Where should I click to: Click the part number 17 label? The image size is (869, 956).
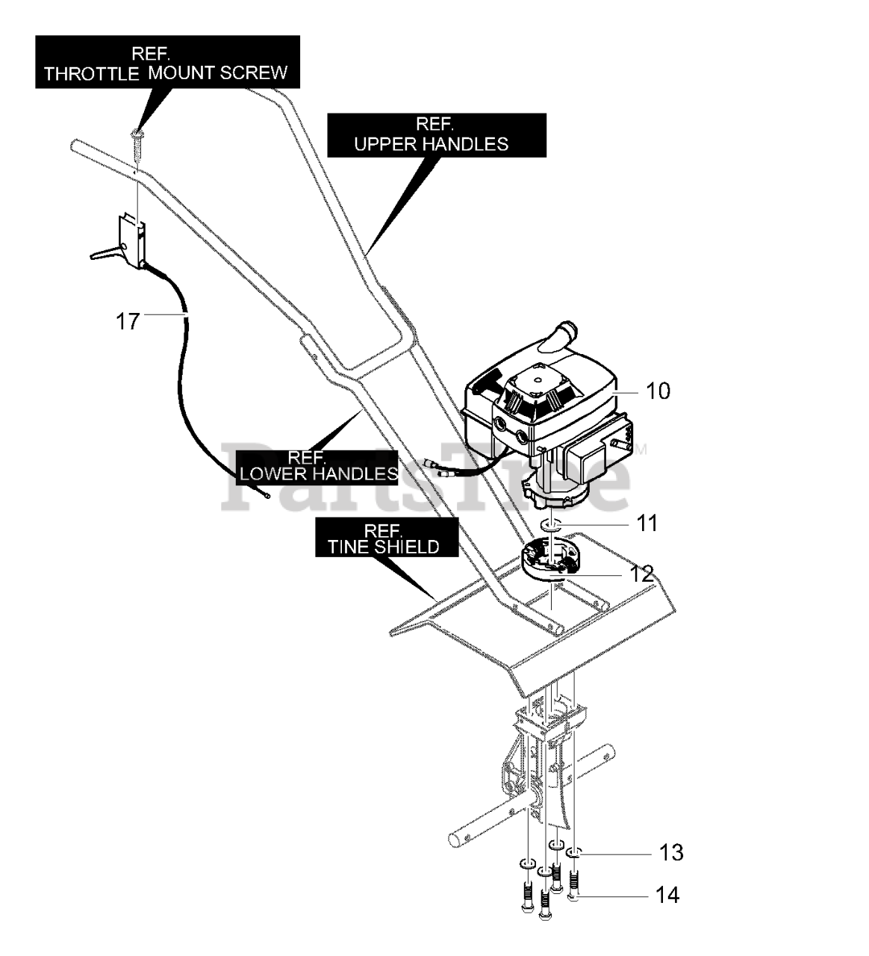pos(128,322)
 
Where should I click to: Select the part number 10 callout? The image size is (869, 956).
pos(658,391)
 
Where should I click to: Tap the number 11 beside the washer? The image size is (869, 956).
pos(647,523)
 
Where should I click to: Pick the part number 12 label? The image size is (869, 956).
pos(641,574)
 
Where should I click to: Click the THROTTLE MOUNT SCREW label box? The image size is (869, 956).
pos(167,62)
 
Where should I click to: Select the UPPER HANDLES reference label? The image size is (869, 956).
pos(437,135)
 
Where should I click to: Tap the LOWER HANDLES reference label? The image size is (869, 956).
pos(317,468)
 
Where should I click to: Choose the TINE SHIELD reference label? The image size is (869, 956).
pos(387,538)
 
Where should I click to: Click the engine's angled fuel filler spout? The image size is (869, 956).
pos(563,332)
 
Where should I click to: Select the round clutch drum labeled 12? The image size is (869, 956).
pos(549,559)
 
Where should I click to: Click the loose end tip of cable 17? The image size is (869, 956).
pos(267,496)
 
